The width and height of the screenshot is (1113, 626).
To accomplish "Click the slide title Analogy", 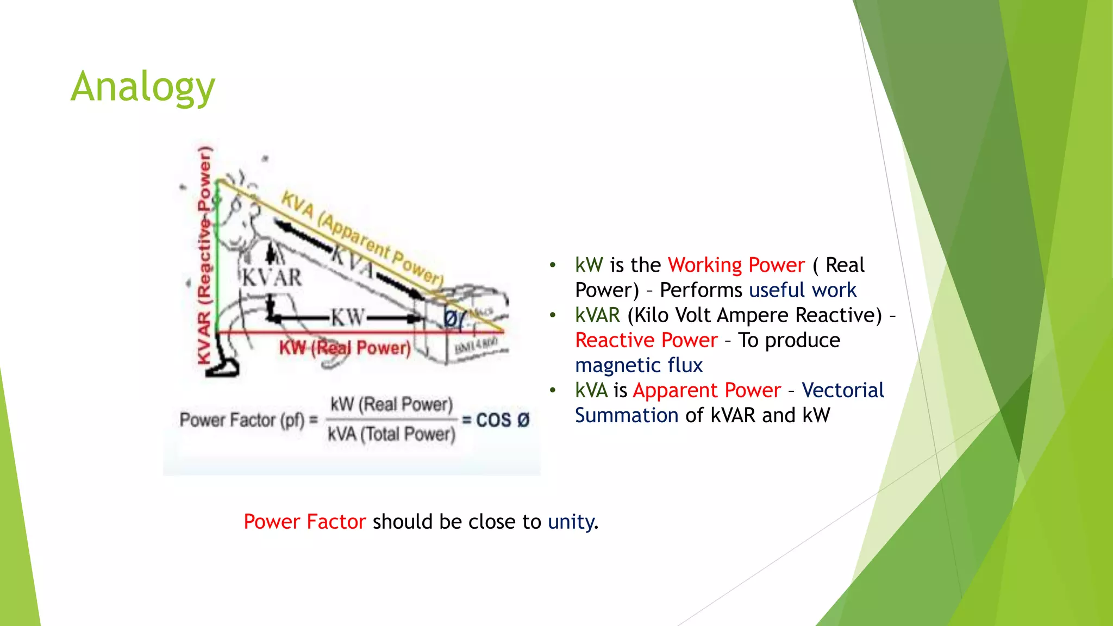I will [143, 87].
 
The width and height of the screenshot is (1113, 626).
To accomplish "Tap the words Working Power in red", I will [736, 265].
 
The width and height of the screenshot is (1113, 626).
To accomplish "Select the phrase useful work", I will [802, 290].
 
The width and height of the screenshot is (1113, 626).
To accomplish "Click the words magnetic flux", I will [639, 365].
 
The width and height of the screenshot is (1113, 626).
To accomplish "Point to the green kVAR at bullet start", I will [597, 315].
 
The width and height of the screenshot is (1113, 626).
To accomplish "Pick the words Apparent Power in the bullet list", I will [706, 390].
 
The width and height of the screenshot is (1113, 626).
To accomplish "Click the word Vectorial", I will [842, 390].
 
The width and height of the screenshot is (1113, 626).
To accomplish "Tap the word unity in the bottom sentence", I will [571, 522].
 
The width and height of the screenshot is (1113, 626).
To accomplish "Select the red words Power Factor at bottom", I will [304, 522].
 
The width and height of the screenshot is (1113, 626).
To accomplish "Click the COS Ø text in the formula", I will [502, 420].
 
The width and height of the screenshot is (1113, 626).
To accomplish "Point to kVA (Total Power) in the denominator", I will [391, 434].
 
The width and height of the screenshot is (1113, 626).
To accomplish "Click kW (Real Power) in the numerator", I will [391, 404].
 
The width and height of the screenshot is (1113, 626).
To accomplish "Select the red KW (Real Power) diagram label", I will [345, 348].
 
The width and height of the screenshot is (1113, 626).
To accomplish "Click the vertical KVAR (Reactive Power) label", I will [204, 255].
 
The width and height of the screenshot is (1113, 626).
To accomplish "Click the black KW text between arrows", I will [348, 317].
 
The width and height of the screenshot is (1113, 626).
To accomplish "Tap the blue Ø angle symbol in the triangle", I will [451, 318].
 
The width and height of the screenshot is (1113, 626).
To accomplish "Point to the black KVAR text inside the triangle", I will [272, 278].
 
